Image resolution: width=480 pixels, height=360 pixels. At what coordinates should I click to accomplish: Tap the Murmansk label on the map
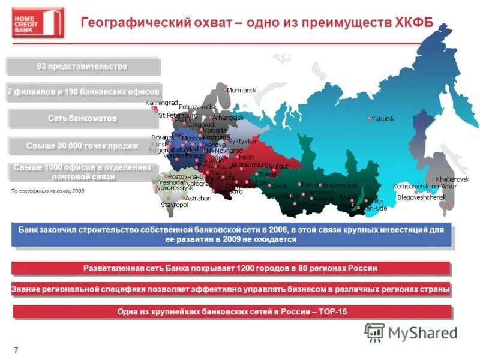click(x=241, y=90)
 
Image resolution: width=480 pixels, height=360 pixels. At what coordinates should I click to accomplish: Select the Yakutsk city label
click(x=383, y=119)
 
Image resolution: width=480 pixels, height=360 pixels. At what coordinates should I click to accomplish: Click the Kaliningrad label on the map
click(x=162, y=103)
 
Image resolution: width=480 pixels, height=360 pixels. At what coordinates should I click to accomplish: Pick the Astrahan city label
click(x=199, y=198)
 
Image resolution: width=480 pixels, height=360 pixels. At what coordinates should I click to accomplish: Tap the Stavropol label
click(x=174, y=205)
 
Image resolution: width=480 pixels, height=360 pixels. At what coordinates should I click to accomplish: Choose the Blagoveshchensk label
click(x=422, y=197)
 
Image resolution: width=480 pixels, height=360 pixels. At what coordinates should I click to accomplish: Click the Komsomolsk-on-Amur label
click(x=424, y=187)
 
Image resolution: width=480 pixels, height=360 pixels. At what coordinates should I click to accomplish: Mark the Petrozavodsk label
click(x=197, y=107)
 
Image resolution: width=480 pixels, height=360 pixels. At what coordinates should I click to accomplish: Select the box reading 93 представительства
click(x=83, y=66)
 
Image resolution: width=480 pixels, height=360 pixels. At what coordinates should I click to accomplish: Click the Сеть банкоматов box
click(x=83, y=118)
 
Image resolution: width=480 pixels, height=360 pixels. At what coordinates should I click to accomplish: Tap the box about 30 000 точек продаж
click(x=83, y=146)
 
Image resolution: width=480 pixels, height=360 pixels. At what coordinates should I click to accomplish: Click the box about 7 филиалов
click(x=83, y=92)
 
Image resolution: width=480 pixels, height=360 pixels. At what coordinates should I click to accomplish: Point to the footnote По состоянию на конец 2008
click(x=48, y=191)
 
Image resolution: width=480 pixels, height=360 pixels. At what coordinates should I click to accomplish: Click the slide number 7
click(x=15, y=350)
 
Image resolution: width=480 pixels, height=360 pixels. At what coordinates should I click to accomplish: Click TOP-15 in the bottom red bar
click(x=329, y=312)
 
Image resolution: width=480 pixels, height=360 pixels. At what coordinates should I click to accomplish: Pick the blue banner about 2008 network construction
click(x=231, y=234)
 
